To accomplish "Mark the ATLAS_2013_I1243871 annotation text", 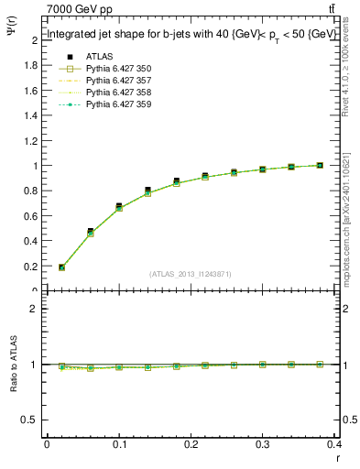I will [x=191, y=273].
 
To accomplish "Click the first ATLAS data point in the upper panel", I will [x=61, y=267].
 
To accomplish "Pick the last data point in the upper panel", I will [x=320, y=166].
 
